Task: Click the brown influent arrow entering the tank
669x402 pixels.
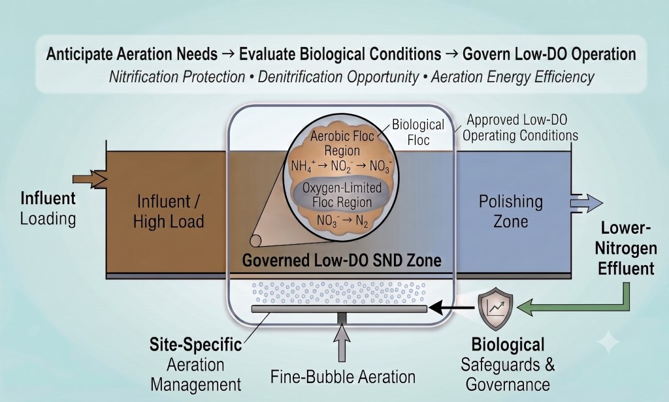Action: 90,179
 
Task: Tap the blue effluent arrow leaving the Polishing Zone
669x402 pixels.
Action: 587,203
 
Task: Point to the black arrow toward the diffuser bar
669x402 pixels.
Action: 451,307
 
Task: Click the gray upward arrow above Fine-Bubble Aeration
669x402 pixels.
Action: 342,343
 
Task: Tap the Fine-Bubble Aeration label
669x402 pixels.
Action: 343,377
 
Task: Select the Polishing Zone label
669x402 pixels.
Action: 511,211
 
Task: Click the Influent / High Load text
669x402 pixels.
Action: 169,211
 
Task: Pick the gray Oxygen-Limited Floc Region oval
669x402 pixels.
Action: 341,195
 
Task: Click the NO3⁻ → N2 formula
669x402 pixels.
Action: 342,221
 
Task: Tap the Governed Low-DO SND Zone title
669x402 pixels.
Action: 342,260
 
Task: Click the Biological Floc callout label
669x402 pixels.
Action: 418,132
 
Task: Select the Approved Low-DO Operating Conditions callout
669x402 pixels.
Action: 520,127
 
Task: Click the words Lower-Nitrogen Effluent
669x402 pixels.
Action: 625,249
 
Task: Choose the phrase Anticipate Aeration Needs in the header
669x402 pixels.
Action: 132,54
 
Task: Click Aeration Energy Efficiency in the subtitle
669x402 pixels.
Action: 512,77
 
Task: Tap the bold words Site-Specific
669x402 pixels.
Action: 195,345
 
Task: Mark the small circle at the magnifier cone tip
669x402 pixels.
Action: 255,241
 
